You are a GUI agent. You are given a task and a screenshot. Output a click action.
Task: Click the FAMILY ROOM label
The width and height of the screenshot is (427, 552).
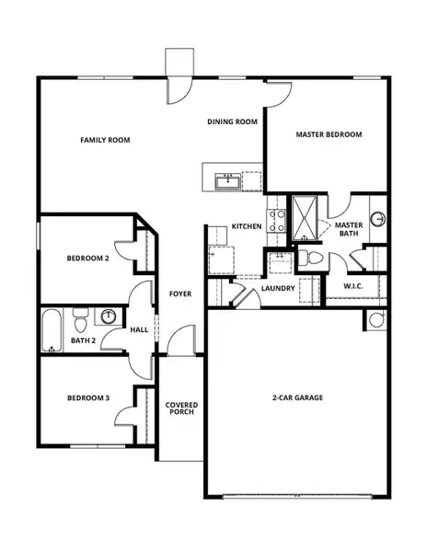click(x=105, y=140)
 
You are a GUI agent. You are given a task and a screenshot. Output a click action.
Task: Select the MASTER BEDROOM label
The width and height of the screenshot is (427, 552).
click(x=329, y=134)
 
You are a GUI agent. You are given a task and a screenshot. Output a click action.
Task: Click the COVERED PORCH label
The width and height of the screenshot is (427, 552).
click(x=181, y=409)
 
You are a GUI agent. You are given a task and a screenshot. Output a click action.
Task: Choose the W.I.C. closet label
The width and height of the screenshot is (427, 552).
click(x=354, y=286)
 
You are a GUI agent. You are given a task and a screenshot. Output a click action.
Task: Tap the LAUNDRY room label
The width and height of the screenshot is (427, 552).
click(x=277, y=288)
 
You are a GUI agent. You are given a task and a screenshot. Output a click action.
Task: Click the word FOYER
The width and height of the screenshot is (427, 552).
click(x=179, y=294)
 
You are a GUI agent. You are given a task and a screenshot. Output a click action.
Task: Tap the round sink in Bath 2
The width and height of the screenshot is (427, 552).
click(x=109, y=317)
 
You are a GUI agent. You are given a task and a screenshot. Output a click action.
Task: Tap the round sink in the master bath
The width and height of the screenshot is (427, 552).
click(x=377, y=220)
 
